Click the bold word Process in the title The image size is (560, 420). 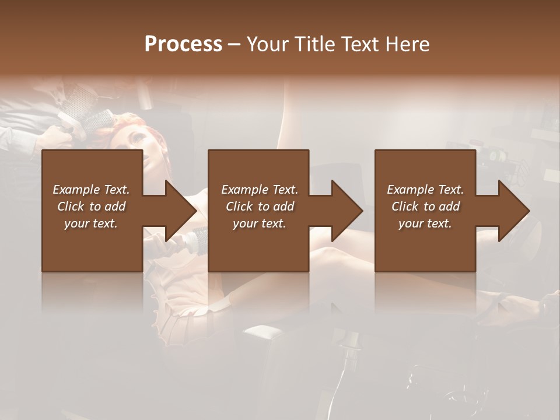[x=183, y=44]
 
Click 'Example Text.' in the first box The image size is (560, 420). [x=91, y=190]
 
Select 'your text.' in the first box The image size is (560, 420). [x=91, y=223]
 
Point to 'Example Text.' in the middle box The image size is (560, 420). [x=260, y=190]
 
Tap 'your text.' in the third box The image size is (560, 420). [x=425, y=223]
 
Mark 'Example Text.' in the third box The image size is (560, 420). [x=425, y=190]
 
